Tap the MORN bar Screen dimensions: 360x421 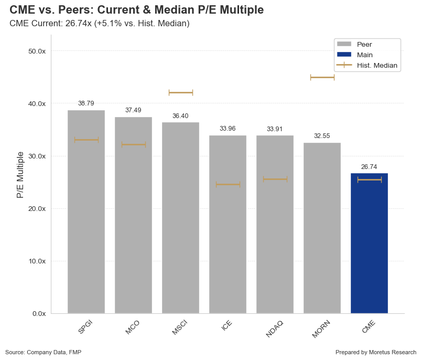[322, 231]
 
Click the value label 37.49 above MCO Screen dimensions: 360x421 [133, 110]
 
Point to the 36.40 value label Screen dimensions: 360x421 [180, 115]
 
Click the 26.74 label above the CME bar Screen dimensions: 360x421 [369, 166]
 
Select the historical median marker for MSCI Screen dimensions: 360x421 [180, 92]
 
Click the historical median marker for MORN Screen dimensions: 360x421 [322, 77]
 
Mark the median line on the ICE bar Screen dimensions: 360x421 [228, 184]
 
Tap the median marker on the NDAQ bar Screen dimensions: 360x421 [275, 179]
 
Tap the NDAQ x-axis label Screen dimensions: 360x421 [274, 328]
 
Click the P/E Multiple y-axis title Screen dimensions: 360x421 [20, 174]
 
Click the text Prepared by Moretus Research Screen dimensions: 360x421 [375, 352]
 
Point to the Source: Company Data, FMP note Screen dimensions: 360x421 [43, 352]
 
